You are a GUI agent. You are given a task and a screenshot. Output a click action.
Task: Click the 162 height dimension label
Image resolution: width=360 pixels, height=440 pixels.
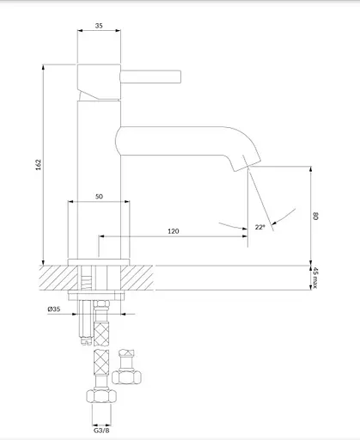tap(39, 165)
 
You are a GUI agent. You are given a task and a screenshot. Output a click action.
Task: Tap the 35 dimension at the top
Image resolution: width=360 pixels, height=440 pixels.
tap(99, 26)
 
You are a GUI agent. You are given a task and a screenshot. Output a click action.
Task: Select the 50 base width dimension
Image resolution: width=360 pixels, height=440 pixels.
tap(99, 197)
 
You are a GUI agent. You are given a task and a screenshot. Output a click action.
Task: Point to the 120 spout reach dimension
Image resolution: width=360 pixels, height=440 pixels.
tap(174, 231)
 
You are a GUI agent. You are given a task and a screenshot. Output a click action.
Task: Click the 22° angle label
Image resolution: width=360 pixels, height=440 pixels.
tap(260, 227)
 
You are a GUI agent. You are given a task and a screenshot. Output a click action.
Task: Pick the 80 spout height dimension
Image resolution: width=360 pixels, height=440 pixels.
tap(315, 216)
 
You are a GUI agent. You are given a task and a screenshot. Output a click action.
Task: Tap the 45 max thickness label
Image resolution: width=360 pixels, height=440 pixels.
tap(315, 278)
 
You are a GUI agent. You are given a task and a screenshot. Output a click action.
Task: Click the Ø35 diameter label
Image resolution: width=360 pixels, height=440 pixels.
tap(54, 309)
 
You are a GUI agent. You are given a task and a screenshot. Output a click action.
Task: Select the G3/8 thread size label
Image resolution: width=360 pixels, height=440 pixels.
tap(101, 431)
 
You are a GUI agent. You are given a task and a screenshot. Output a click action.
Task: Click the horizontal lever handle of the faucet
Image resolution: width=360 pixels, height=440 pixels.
tap(150, 76)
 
